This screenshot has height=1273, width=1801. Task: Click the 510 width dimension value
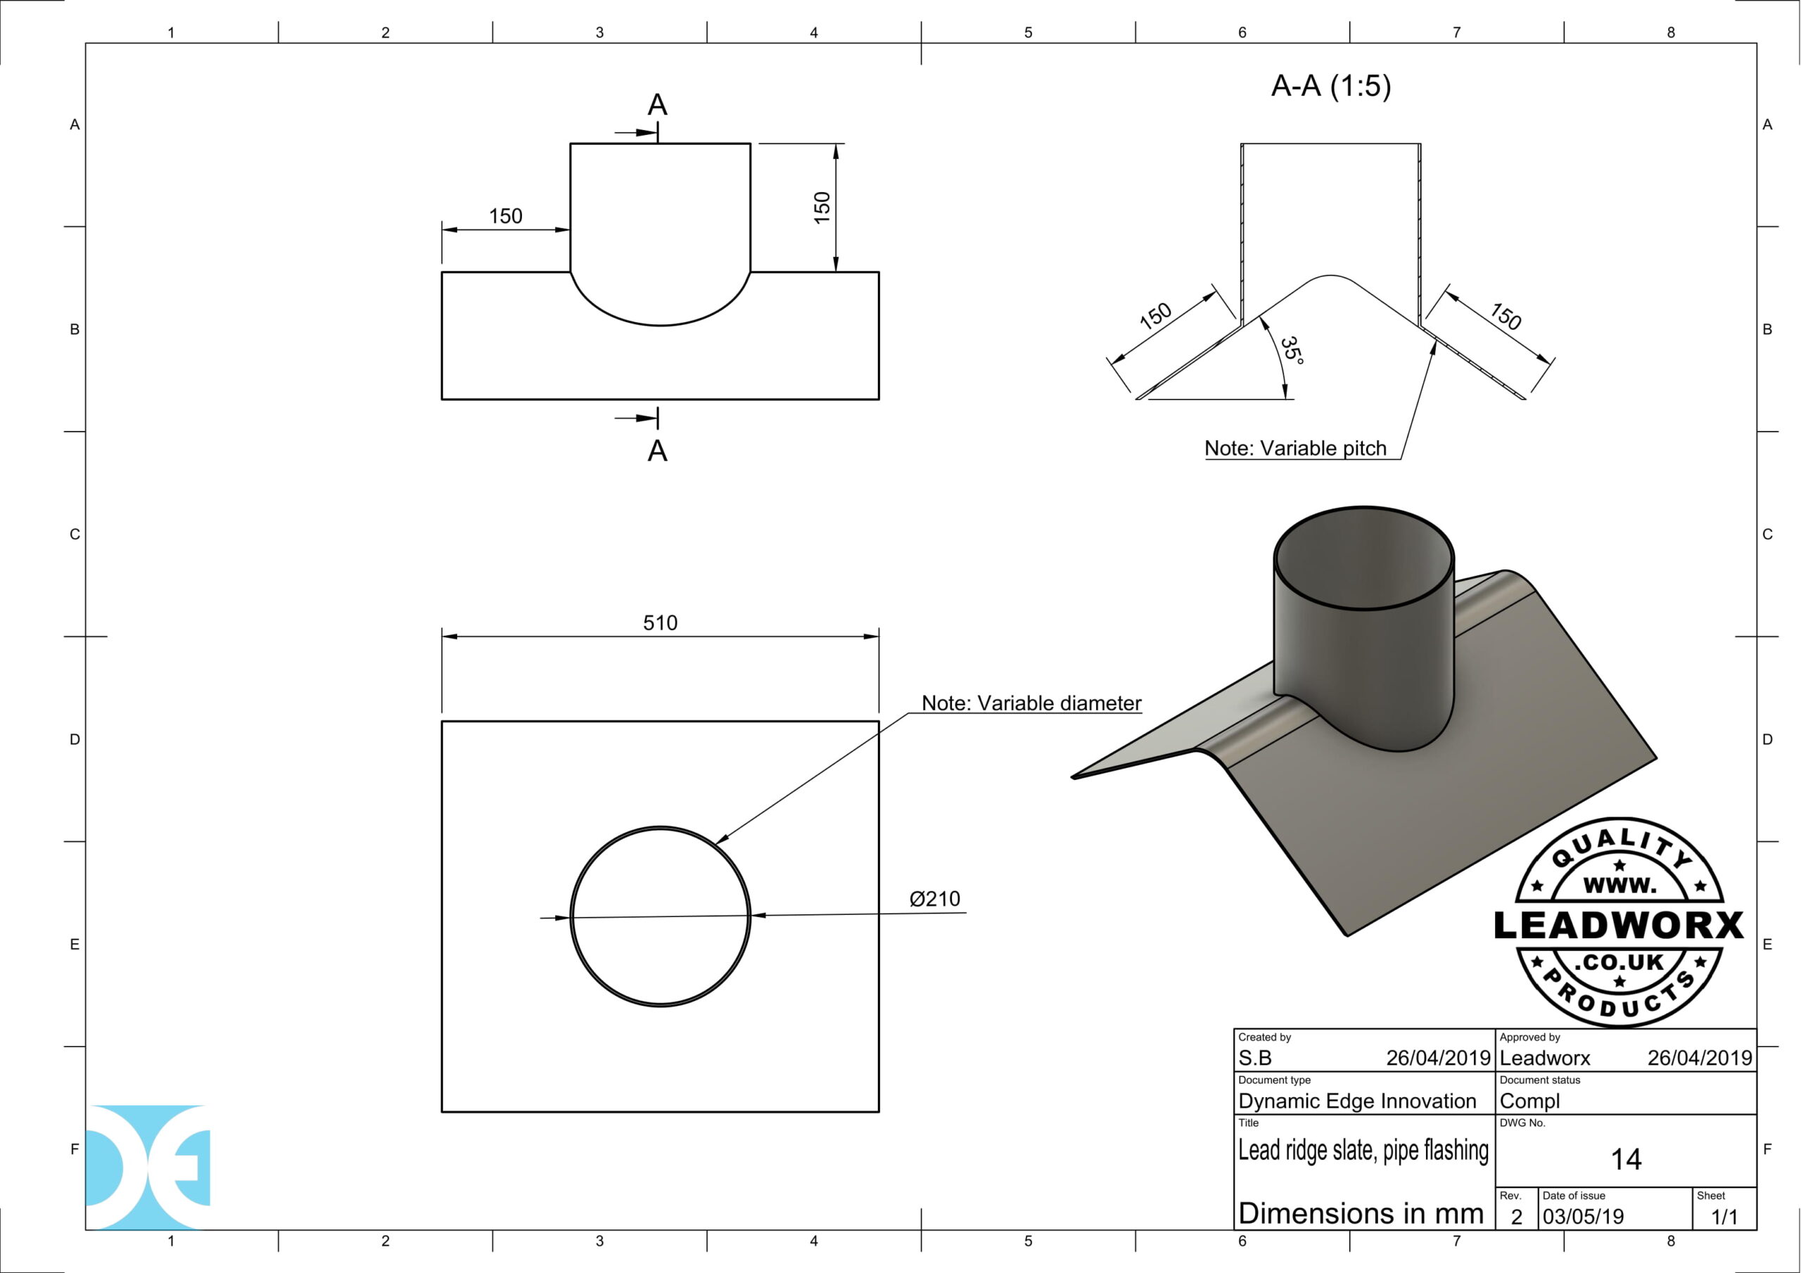click(660, 622)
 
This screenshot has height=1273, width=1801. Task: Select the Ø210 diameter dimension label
click(934, 899)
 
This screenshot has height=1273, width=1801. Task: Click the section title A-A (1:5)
click(1330, 86)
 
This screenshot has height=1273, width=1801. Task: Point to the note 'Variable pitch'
click(1295, 448)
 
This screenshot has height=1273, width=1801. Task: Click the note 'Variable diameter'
click(1031, 703)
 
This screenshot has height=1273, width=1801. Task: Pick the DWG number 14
click(1626, 1159)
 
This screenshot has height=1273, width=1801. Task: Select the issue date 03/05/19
click(1583, 1217)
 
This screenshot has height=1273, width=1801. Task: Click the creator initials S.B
click(1254, 1058)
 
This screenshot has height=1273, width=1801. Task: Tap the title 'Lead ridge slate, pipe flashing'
click(1363, 1150)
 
